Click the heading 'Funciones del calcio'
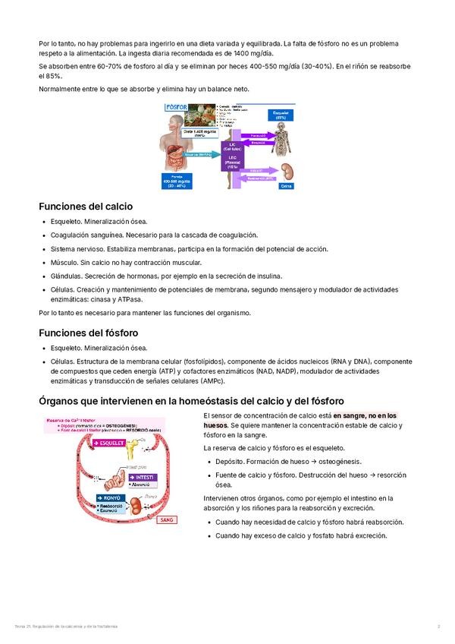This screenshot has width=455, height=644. (x=86, y=206)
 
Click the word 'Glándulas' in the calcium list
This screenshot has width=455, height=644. (x=66, y=276)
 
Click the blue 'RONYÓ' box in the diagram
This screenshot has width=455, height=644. (x=108, y=497)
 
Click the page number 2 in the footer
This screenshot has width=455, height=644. (x=439, y=626)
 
